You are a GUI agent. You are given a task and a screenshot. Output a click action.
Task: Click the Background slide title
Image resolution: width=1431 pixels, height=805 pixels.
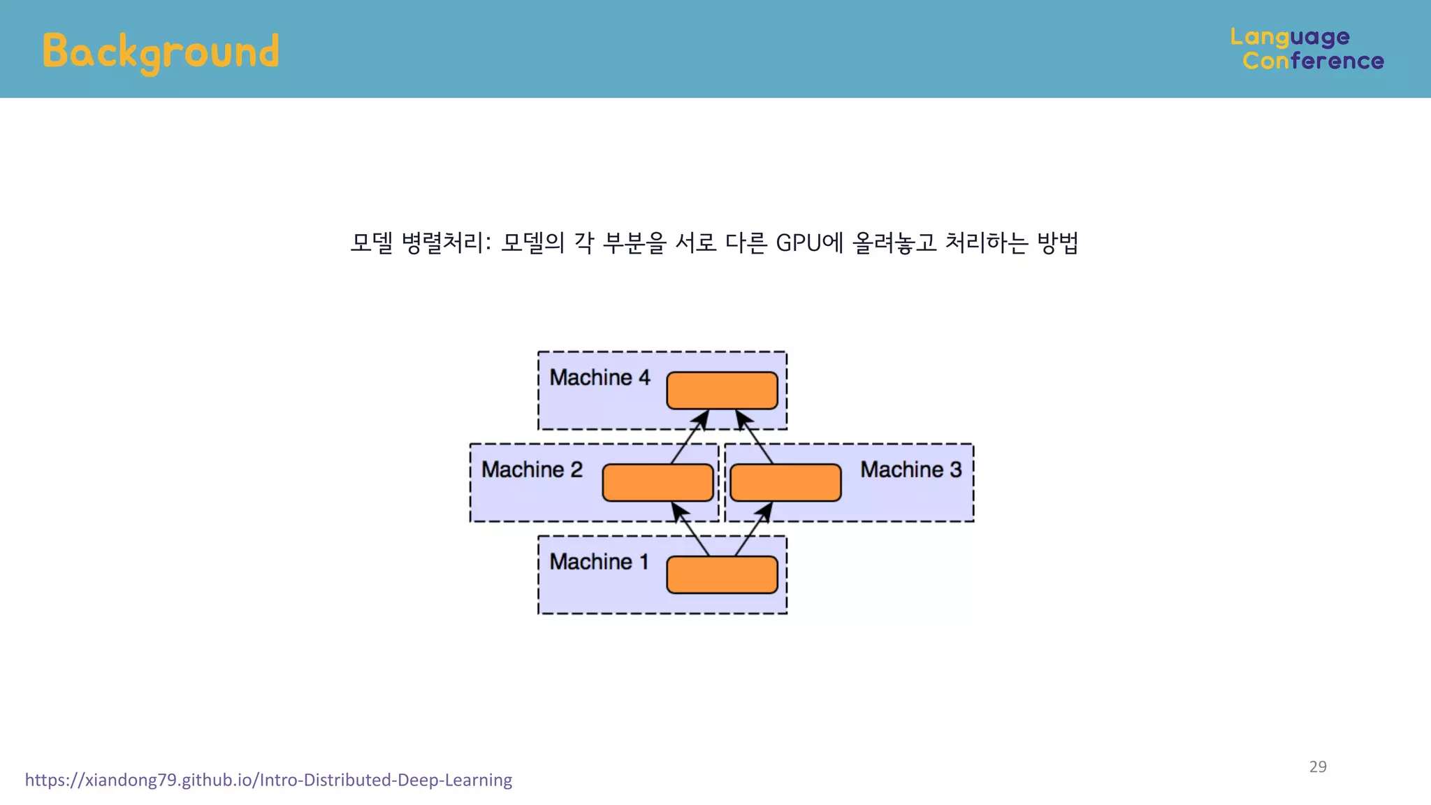coord(161,52)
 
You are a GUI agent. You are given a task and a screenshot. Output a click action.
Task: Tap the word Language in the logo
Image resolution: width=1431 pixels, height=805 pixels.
coord(1290,37)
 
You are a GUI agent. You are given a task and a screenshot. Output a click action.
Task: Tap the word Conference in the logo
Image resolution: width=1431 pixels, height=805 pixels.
coord(1313,61)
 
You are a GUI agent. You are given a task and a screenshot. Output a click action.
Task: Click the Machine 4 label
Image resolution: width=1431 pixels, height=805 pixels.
coord(600,378)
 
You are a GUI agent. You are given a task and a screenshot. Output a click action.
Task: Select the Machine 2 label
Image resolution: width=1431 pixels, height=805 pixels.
coord(532,470)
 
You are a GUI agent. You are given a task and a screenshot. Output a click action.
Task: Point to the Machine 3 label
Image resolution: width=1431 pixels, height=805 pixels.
coord(910,470)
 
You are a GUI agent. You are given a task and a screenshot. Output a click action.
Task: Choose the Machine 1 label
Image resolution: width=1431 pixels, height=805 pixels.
coord(599,562)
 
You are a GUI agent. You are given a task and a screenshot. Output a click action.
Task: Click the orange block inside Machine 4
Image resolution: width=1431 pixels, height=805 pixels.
coord(722,391)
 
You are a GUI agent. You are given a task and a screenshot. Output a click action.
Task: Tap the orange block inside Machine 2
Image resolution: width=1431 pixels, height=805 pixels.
coord(658,483)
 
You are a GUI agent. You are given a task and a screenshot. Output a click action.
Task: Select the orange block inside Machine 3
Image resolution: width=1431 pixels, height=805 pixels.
coord(785,483)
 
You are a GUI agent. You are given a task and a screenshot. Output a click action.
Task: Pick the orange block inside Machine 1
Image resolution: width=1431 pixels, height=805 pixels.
coord(722,575)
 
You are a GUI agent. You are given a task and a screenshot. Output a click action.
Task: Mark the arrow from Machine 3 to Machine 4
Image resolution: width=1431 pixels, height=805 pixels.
coord(755,437)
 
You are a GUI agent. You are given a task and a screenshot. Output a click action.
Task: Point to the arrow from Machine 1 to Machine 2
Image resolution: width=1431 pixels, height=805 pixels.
coord(690,529)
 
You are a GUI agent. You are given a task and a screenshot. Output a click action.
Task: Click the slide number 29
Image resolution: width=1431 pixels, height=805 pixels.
coord(1318,767)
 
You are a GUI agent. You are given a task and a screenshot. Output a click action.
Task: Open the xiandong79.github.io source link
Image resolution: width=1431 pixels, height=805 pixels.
coord(268,780)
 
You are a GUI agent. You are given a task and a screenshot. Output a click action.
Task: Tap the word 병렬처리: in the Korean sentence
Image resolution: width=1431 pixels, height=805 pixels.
coord(446,243)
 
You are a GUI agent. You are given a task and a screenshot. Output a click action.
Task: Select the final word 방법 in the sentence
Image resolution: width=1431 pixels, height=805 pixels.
coord(1057,243)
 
